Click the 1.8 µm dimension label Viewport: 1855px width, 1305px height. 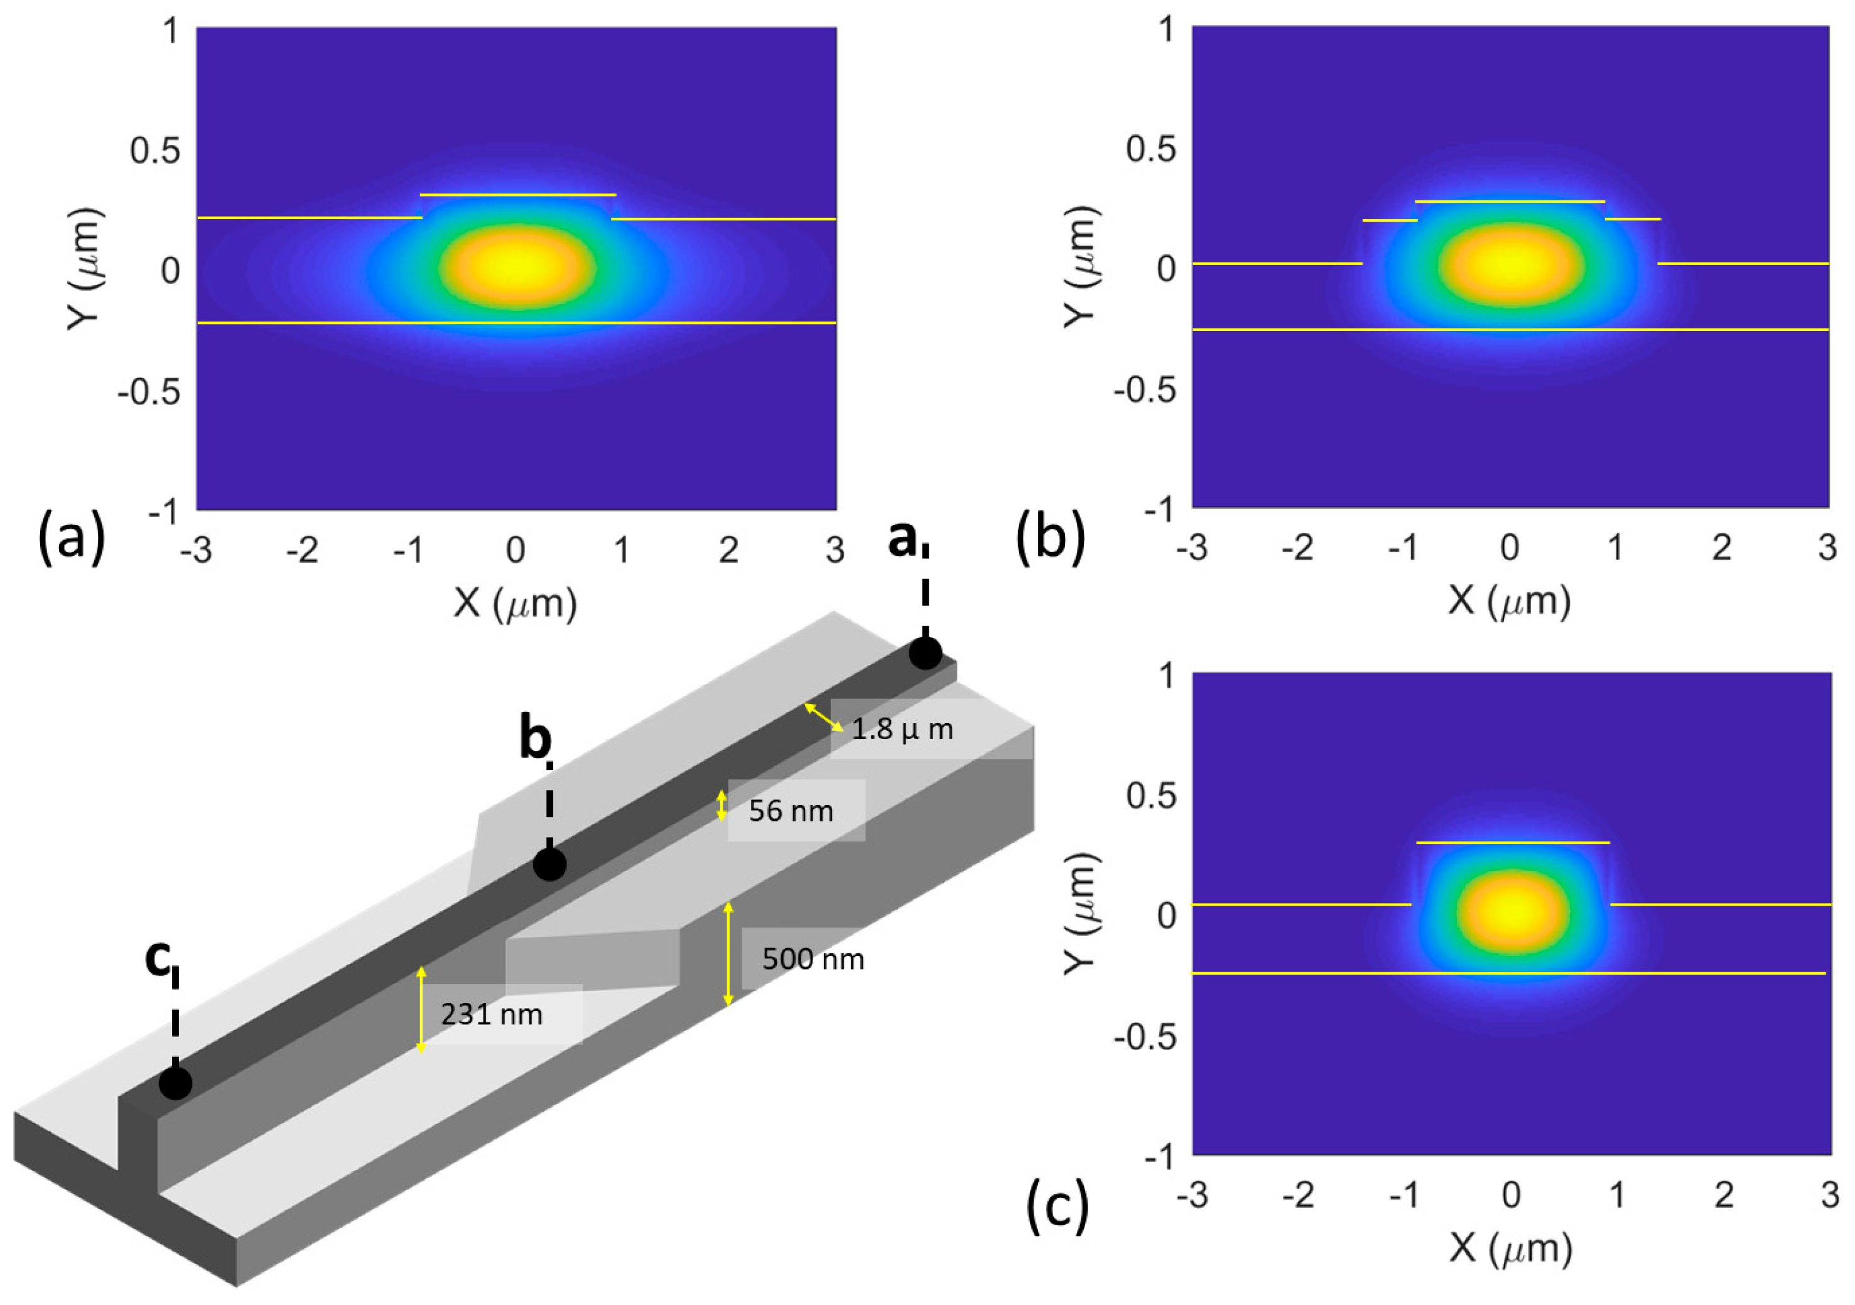pyautogui.click(x=902, y=730)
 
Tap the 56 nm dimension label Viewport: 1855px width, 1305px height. pyautogui.click(x=790, y=811)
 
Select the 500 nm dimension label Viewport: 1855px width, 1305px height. pyautogui.click(x=813, y=958)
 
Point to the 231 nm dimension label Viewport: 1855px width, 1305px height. pyautogui.click(x=491, y=1014)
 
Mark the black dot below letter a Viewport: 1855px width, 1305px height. pyautogui.click(x=925, y=653)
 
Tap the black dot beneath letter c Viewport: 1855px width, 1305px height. pyautogui.click(x=175, y=1083)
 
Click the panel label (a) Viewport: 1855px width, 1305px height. pyautogui.click(x=71, y=539)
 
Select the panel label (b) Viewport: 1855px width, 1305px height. pyautogui.click(x=1049, y=539)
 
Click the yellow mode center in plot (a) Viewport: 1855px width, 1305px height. pyautogui.click(x=517, y=265)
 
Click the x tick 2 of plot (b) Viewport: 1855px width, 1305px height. pyautogui.click(x=1722, y=548)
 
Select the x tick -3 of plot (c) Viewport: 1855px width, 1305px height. pyautogui.click(x=1192, y=1194)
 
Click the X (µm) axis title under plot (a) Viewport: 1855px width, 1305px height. pyautogui.click(x=516, y=603)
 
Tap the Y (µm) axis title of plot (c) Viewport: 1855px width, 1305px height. pyautogui.click(x=1081, y=913)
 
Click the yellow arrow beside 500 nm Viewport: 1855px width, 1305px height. pyautogui.click(x=728, y=953)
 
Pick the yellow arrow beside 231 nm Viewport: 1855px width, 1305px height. pyautogui.click(x=420, y=1009)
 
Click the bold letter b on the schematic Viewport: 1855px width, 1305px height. pyautogui.click(x=535, y=739)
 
